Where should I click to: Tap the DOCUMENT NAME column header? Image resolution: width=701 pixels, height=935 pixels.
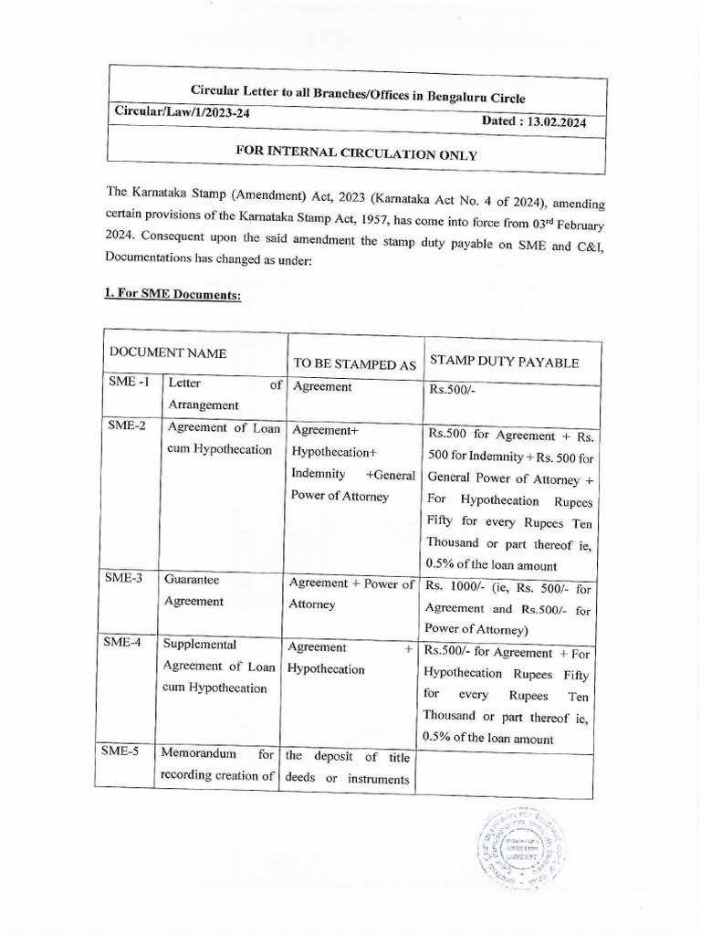pyautogui.click(x=169, y=352)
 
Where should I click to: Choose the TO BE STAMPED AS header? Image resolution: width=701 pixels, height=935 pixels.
pyautogui.click(x=354, y=364)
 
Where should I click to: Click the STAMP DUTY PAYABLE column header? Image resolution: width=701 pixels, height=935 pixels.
pyautogui.click(x=504, y=362)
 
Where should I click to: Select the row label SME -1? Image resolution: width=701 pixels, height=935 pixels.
pyautogui.click(x=127, y=383)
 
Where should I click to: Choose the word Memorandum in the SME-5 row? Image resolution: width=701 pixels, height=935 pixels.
pyautogui.click(x=200, y=754)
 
